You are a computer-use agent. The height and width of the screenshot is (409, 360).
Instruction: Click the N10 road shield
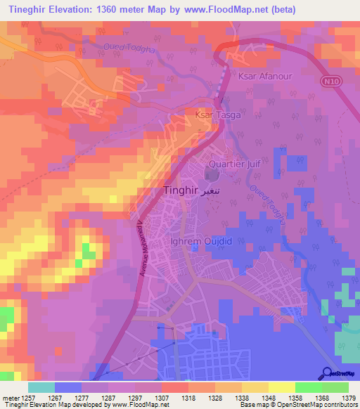coord(330,82)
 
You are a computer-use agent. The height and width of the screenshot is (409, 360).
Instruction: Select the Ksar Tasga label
coord(217,114)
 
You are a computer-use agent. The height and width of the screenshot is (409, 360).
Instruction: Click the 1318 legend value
coord(188,397)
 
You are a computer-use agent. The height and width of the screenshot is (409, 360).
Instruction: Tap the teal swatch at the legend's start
coord(41,387)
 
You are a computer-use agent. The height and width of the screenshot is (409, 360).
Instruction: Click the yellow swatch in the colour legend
coord(281,387)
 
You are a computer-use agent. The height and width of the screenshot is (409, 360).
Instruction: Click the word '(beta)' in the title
coord(281,9)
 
